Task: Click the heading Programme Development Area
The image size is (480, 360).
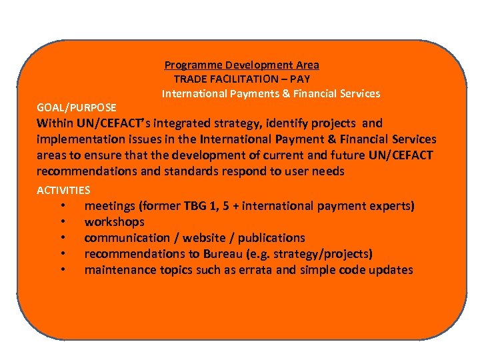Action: coord(241,65)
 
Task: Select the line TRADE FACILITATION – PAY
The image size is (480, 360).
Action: coord(241,79)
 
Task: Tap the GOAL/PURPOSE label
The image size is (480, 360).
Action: coord(77,107)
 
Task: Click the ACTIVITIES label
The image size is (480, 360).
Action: coord(63,190)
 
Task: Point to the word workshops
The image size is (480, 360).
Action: coord(114,222)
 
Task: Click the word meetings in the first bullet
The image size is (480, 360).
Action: coord(109,206)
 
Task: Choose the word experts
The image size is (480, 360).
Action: coord(391,206)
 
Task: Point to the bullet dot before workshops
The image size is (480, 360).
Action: coord(62,222)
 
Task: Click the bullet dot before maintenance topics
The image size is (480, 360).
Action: coord(62,270)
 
